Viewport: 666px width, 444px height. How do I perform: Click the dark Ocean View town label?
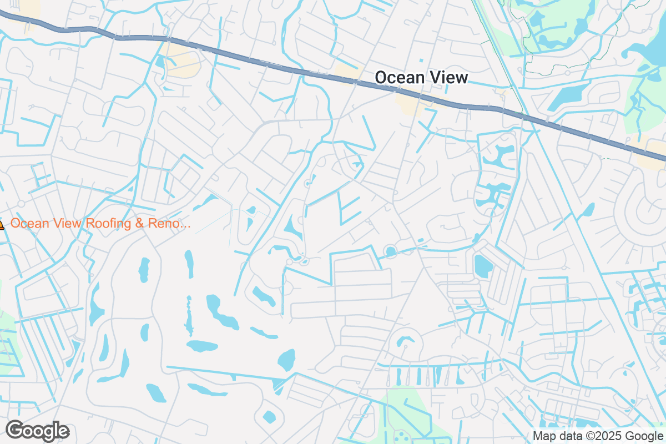[421, 78]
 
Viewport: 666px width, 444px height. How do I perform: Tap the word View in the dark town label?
[447, 78]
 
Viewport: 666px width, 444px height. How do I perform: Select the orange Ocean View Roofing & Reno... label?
[100, 224]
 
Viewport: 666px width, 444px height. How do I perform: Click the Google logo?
[37, 431]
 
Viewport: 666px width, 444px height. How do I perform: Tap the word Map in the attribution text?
[543, 436]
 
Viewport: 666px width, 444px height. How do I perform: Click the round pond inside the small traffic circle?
[391, 252]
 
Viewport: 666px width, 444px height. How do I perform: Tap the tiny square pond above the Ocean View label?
[421, 60]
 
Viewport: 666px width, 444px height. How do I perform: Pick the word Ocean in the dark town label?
[396, 78]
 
